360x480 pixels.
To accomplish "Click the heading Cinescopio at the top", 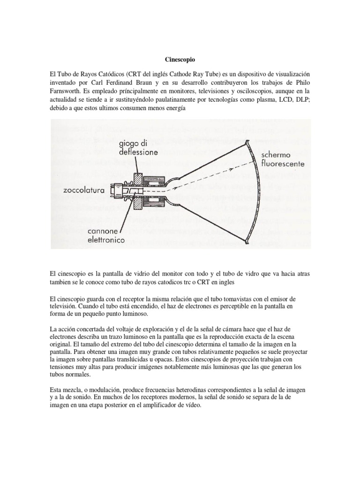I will (180, 60).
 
